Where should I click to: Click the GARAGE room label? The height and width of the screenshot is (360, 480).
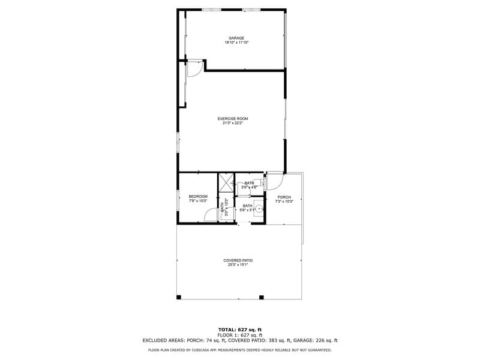coord(236,38)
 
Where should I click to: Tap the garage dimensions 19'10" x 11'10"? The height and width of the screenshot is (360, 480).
coord(236,43)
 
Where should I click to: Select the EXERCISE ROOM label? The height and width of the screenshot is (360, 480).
coord(232,119)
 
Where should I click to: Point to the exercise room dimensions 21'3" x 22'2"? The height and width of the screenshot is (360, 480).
coord(232,124)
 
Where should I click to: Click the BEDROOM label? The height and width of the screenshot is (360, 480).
coord(198,196)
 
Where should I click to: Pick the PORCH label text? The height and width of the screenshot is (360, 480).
coord(284,197)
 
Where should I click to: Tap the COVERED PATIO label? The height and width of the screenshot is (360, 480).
coord(238,260)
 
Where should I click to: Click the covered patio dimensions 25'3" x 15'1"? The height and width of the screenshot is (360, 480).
coord(238,265)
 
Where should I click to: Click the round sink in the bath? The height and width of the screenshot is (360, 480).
coord(259,209)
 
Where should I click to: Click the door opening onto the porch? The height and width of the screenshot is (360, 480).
coord(274,180)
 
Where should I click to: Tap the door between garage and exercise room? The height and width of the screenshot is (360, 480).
coord(194,69)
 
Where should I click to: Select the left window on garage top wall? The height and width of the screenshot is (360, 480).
coord(211,10)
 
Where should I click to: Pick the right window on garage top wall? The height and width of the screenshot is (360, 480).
coord(251,10)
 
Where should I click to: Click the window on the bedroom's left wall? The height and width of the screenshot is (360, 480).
coord(178,200)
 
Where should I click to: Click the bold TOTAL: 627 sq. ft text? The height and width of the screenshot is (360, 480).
coord(239,329)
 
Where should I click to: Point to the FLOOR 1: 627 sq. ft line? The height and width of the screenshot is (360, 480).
coord(239,335)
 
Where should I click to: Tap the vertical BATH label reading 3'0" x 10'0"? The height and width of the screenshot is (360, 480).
coord(223,207)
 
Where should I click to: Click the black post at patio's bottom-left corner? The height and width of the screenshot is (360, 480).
coord(179,297)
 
